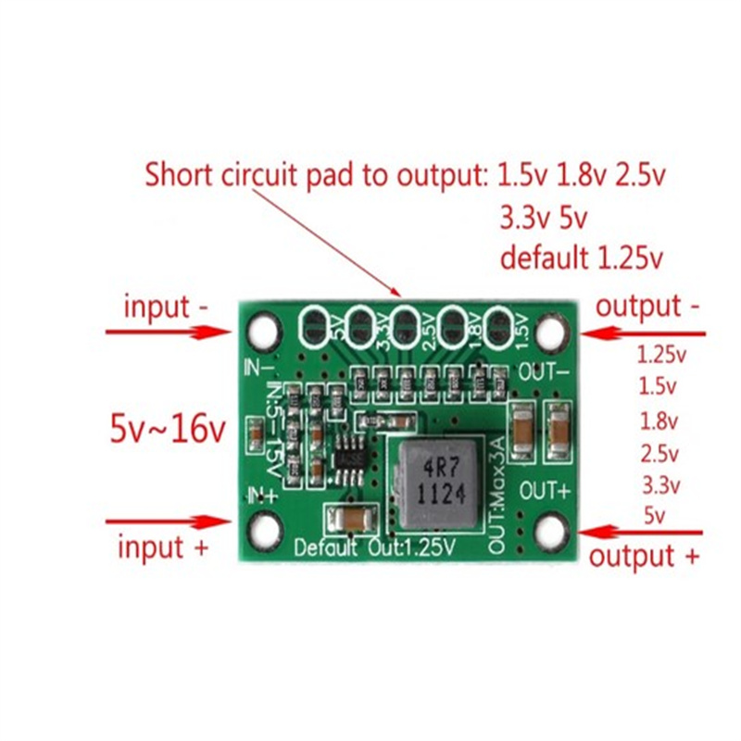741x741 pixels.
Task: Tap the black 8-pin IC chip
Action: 349,458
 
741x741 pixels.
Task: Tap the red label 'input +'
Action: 164,547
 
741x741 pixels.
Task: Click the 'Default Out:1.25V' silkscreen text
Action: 374,547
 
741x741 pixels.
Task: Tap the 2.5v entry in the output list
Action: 659,454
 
